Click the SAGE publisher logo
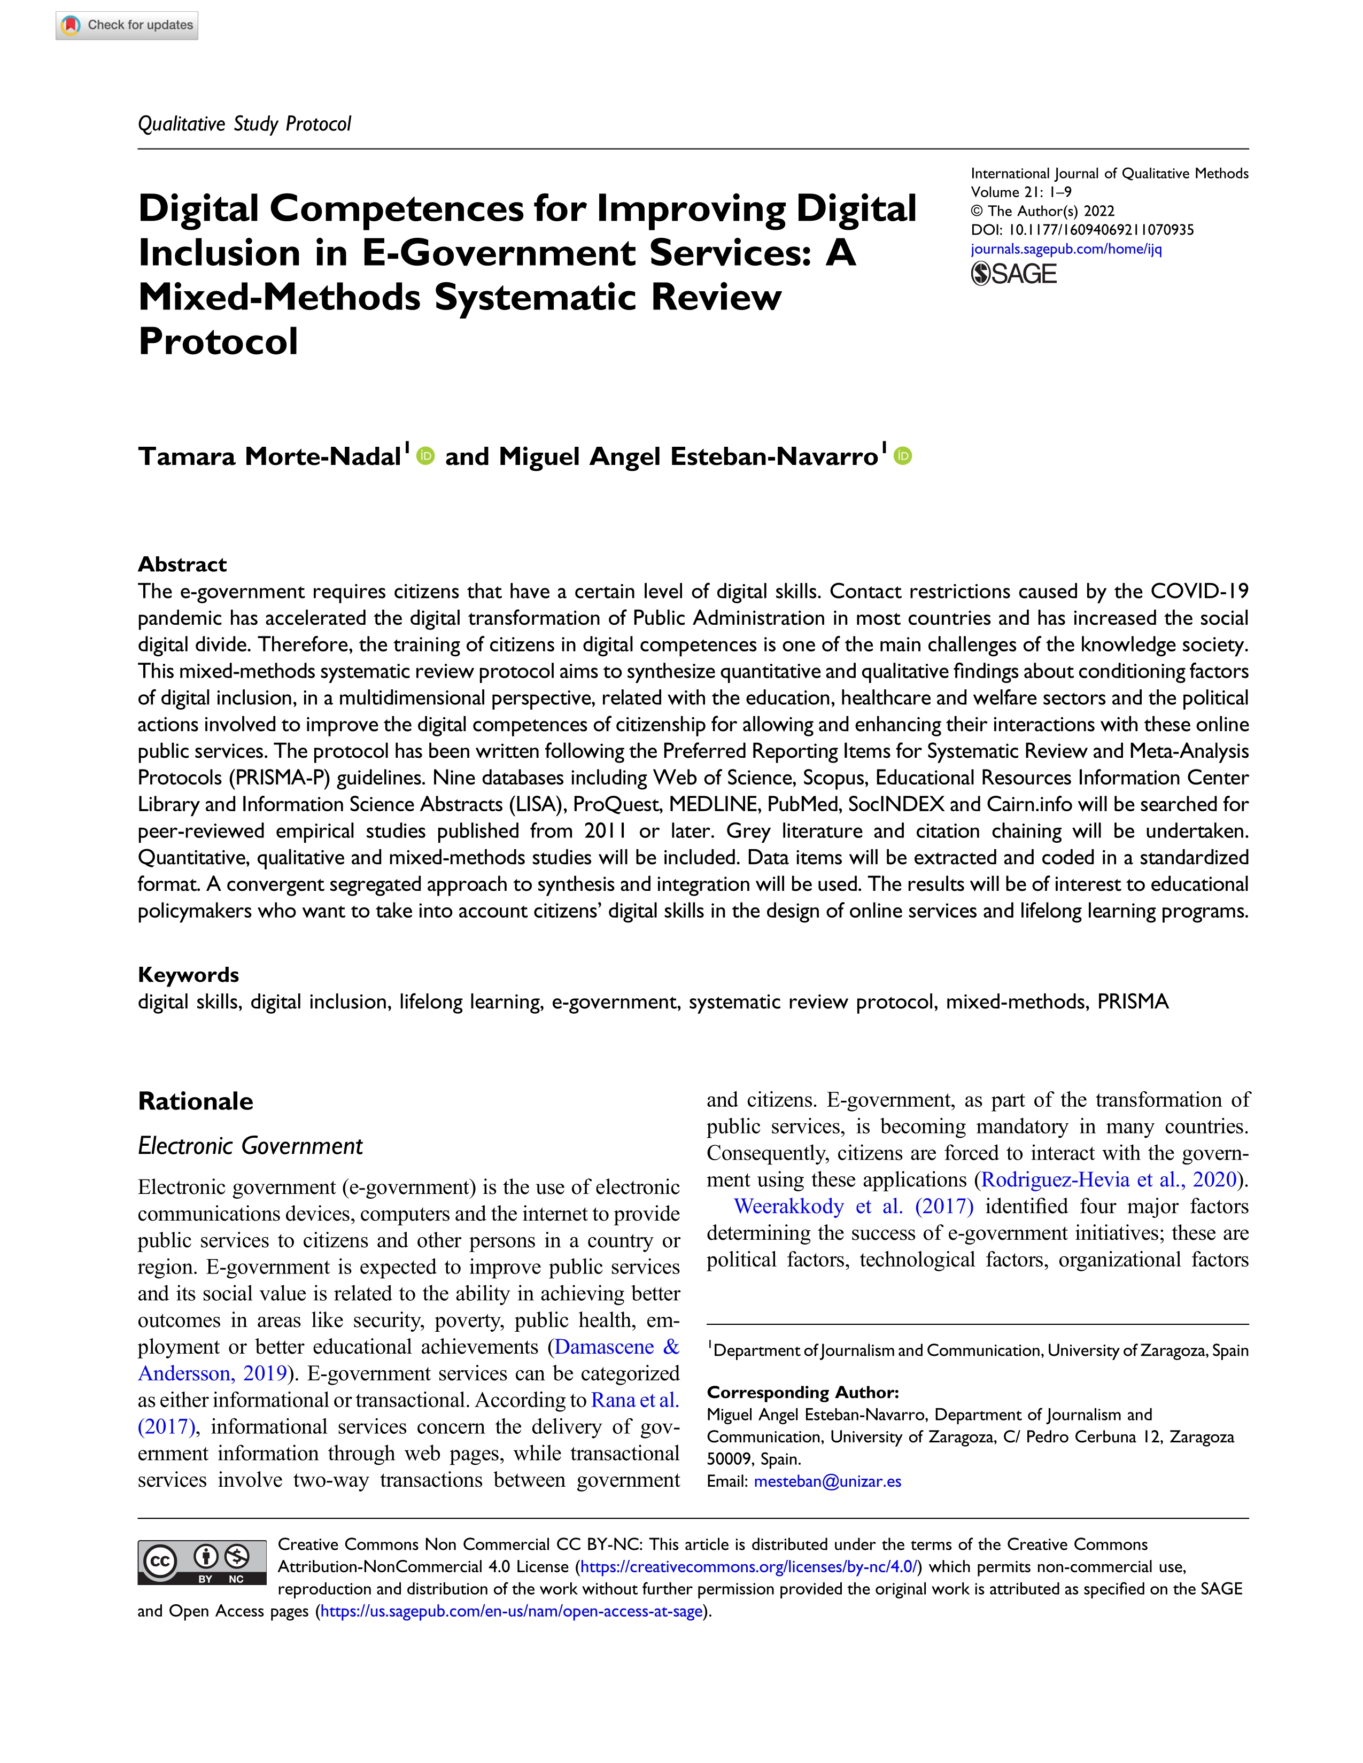[x=1013, y=275]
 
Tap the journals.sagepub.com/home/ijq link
[x=1066, y=248]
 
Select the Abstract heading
[x=182, y=564]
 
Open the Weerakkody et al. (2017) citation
[x=854, y=1207]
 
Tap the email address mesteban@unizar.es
[x=827, y=1481]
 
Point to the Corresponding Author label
[x=803, y=1393]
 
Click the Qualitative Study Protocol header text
[x=245, y=123]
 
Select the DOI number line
[x=1082, y=230]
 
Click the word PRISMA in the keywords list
[x=1132, y=1002]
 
